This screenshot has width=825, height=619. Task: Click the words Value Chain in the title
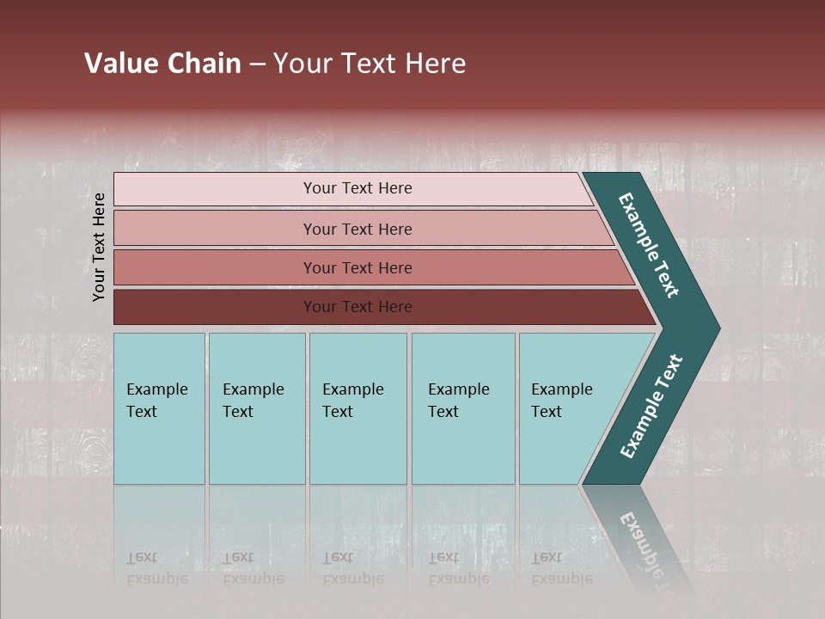pyautogui.click(x=162, y=64)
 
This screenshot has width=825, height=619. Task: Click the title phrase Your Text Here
pyautogui.click(x=370, y=64)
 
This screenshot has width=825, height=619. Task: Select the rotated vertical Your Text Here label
pyautogui.click(x=99, y=247)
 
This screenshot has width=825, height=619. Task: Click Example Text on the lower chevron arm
pyautogui.click(x=651, y=406)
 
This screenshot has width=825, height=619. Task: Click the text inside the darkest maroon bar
pyautogui.click(x=357, y=307)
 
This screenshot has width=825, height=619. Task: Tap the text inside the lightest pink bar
pyautogui.click(x=357, y=188)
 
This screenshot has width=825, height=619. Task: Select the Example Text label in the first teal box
pyautogui.click(x=156, y=401)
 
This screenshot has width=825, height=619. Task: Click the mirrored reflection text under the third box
pyautogui.click(x=352, y=568)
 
